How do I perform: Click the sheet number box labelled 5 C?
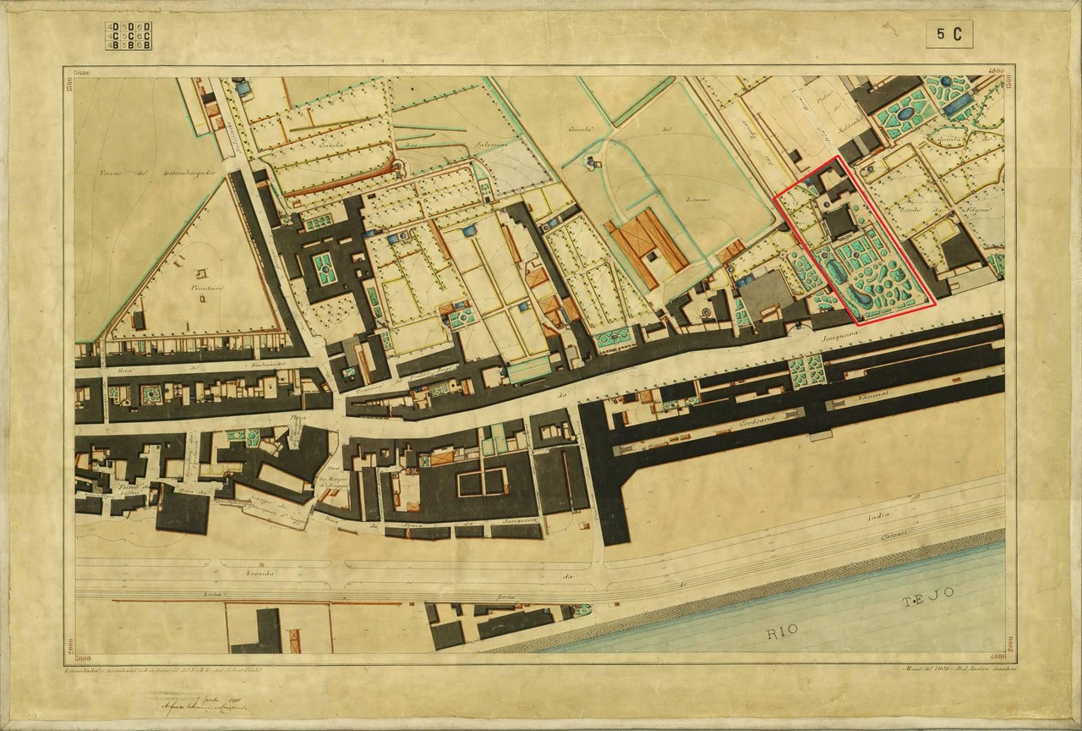click(948, 34)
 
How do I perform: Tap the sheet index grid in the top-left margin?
click(128, 36)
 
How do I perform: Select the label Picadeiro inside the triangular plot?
click(199, 288)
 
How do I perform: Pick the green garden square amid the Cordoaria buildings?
click(806, 370)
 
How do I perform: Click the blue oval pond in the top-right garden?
click(904, 112)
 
